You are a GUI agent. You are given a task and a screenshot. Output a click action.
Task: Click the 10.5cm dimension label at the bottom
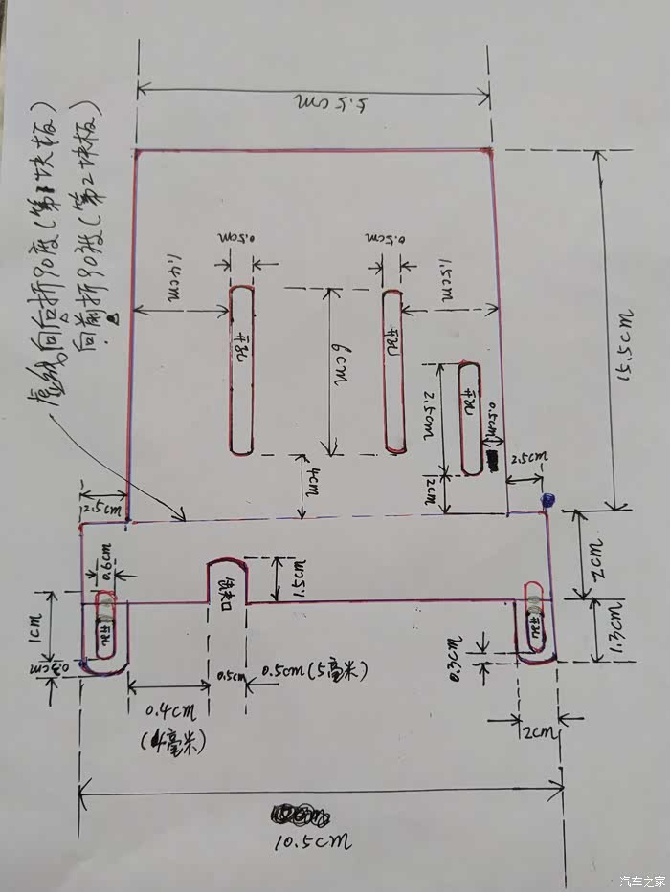312,841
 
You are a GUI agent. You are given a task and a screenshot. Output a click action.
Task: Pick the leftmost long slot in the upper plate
242,369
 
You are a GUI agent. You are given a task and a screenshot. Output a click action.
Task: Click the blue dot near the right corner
547,499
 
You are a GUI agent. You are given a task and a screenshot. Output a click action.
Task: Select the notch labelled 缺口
227,581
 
